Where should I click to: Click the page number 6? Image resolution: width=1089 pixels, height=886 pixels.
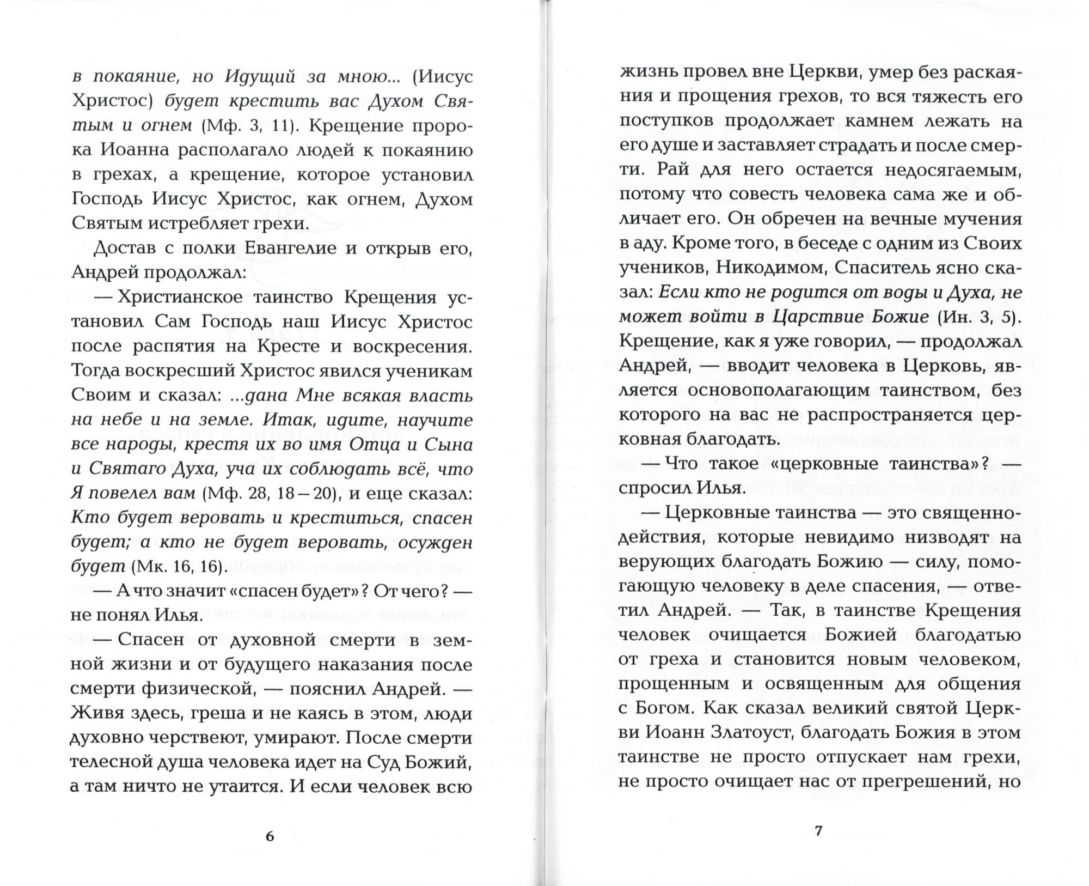click(270, 836)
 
